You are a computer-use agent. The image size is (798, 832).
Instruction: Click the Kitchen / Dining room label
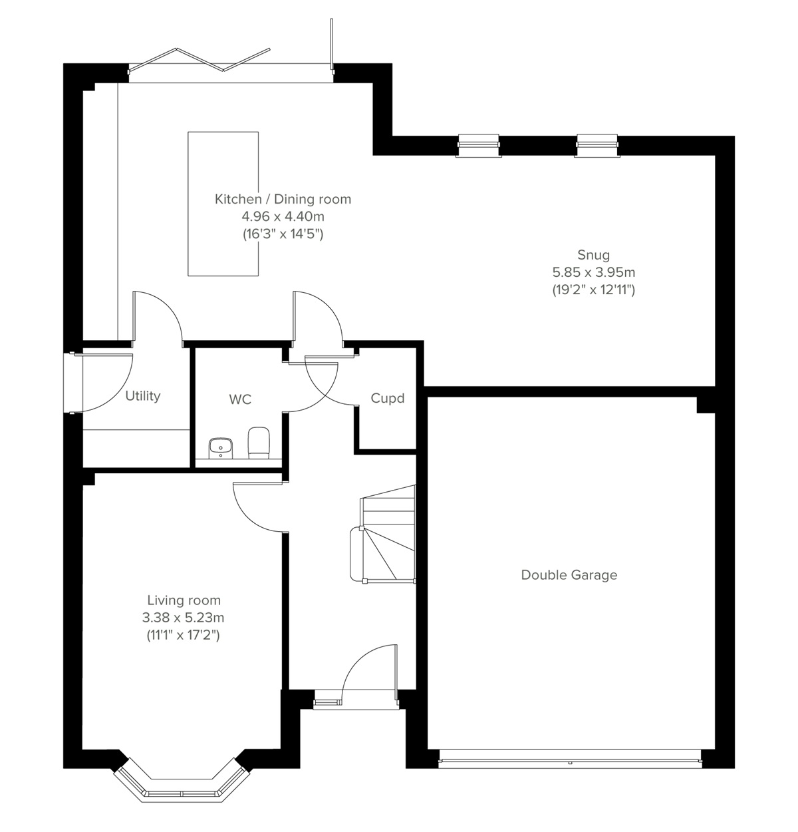[283, 199]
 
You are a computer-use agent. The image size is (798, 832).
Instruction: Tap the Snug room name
[593, 255]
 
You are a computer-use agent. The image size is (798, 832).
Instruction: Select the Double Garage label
[569, 575]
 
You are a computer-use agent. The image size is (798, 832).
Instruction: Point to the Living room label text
[184, 600]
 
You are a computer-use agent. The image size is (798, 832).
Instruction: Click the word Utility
[143, 396]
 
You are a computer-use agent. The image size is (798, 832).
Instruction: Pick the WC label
[240, 399]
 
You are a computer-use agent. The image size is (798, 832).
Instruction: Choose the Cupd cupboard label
[387, 399]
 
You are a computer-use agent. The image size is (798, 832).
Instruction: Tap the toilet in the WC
[258, 442]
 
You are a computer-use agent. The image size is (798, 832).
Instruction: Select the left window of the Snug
[478, 145]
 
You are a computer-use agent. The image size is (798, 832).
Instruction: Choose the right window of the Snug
[597, 145]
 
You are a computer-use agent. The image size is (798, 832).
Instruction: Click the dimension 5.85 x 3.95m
[593, 272]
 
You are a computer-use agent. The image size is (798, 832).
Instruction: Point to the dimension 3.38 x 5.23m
[184, 618]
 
